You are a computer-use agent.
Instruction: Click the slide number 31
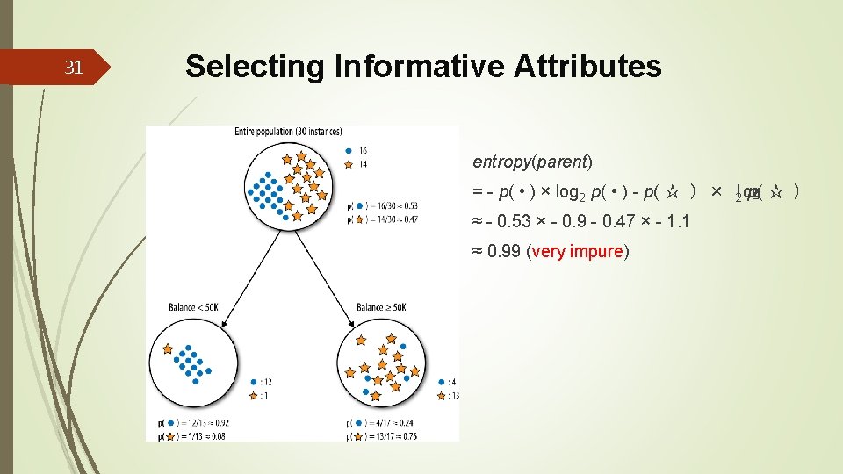click(x=75, y=67)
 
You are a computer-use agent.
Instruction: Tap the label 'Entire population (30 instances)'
click(x=288, y=132)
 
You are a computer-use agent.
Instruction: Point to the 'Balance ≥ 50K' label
click(x=381, y=307)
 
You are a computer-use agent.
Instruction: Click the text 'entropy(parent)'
click(x=533, y=162)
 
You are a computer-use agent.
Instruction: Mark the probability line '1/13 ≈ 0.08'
click(x=189, y=434)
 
